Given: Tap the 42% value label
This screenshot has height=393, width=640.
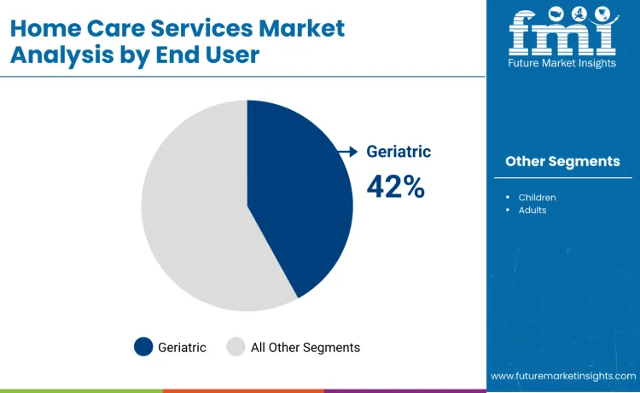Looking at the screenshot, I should [395, 186].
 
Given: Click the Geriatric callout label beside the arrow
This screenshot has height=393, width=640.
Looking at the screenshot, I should [399, 152].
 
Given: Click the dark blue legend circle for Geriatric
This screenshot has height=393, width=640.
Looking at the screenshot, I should [143, 347].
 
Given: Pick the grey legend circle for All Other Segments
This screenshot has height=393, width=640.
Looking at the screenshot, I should [236, 347].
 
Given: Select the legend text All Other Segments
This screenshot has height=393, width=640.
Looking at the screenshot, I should [305, 347].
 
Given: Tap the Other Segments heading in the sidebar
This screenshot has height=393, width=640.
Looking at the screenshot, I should [562, 161].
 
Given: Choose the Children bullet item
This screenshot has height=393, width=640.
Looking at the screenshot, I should [537, 198].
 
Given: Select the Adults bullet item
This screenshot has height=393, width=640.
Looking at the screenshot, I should [532, 210].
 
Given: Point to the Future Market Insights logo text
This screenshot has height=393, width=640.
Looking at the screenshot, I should [562, 64].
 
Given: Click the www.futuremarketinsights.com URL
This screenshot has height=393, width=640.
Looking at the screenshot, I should [562, 376].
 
